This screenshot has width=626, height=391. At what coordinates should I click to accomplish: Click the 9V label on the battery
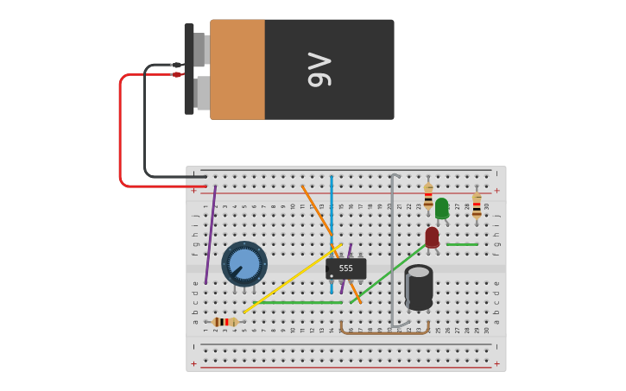pyautogui.click(x=319, y=70)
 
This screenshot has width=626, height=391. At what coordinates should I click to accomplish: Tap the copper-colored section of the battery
pyautogui.click(x=237, y=70)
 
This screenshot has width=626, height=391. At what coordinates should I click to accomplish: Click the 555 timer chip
pyautogui.click(x=345, y=268)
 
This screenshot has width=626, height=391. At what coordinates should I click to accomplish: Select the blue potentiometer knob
pyautogui.click(x=244, y=263)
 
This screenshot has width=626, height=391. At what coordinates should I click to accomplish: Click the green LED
pyautogui.click(x=441, y=208)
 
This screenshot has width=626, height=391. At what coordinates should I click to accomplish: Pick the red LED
pyautogui.click(x=432, y=237)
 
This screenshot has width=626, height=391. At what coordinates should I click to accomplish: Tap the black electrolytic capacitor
pyautogui.click(x=419, y=287)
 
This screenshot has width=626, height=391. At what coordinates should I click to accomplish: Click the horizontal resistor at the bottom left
pyautogui.click(x=224, y=322)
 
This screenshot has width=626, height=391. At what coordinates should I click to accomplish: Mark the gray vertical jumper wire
pyautogui.click(x=392, y=250)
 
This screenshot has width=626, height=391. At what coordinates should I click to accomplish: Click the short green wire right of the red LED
pyautogui.click(x=462, y=244)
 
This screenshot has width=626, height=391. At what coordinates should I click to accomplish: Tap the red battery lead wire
pyautogui.click(x=121, y=129)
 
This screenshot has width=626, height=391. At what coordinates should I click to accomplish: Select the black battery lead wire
pyautogui.click(x=145, y=121)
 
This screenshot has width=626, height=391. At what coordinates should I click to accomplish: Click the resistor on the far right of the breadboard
pyautogui.click(x=477, y=205)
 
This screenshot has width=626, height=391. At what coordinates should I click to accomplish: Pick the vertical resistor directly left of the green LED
pyautogui.click(x=428, y=197)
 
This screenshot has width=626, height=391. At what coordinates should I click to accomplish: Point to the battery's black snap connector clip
pyautogui.click(x=189, y=69)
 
